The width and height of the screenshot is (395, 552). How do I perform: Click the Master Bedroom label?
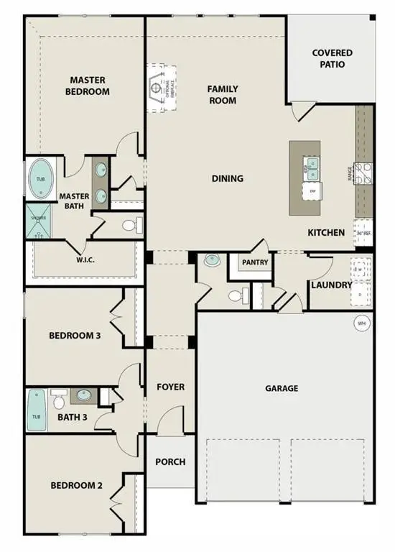pyautogui.click(x=89, y=86)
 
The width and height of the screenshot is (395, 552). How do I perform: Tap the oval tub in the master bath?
pyautogui.click(x=41, y=179)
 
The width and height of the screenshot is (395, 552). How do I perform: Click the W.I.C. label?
pyautogui.click(x=87, y=260)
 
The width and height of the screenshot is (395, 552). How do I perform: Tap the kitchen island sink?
pyautogui.click(x=312, y=170)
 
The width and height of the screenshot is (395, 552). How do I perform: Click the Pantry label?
pyautogui.click(x=255, y=262)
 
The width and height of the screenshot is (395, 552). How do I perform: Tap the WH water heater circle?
pyautogui.click(x=361, y=324)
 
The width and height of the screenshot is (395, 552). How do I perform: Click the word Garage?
pyautogui.click(x=281, y=388)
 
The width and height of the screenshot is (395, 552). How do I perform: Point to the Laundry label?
pyautogui.click(x=331, y=285)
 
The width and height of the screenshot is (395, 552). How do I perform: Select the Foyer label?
pyautogui.click(x=170, y=387)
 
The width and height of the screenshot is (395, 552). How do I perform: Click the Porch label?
pyautogui.click(x=170, y=461)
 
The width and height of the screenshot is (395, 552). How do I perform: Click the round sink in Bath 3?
pyautogui.click(x=85, y=395)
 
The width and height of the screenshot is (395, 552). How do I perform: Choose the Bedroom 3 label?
pyautogui.click(x=74, y=336)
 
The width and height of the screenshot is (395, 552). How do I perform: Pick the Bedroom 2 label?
pyautogui.click(x=75, y=486)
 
